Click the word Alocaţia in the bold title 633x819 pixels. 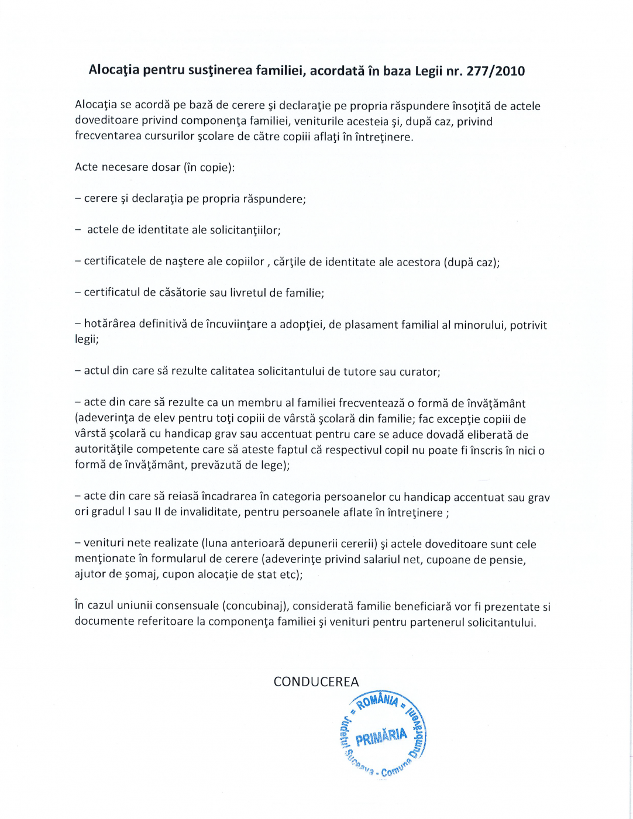coord(114,70)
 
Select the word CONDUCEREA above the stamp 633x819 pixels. coord(316,682)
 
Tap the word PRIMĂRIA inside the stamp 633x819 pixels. coord(381,737)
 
